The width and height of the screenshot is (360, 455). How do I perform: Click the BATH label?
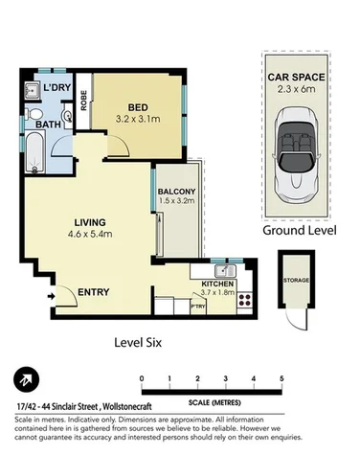pyautogui.click(x=49, y=125)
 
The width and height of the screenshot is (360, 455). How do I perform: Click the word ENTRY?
pyautogui.click(x=92, y=292)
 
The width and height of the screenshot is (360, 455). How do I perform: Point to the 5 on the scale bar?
pyautogui.click(x=281, y=378)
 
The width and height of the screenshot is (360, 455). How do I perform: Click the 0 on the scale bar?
pyautogui.click(x=142, y=378)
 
